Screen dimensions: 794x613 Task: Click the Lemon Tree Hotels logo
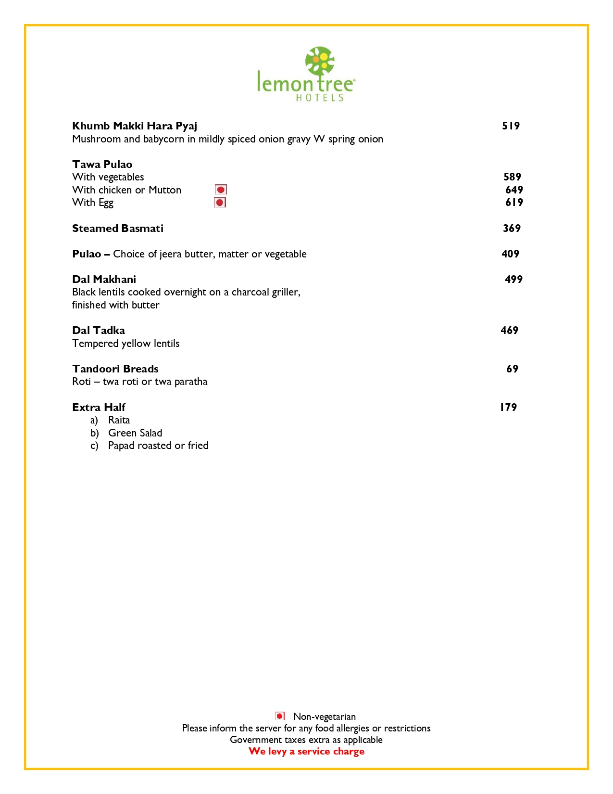pos(306,75)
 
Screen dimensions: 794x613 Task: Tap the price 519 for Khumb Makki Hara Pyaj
pos(511,126)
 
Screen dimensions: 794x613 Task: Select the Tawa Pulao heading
pos(102,165)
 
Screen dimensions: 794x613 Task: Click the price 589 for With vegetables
pos(512,177)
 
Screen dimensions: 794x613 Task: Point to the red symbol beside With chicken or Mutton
pos(221,190)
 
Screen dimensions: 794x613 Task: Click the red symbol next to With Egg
pos(220,203)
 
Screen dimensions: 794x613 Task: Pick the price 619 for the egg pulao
pos(514,203)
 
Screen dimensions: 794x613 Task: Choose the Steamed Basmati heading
pos(118,229)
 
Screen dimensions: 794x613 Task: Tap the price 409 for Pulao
pos(510,254)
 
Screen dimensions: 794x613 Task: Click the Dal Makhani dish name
pos(104,280)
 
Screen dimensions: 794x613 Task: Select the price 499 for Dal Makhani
pos(513,280)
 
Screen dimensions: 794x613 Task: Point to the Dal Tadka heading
pos(99,331)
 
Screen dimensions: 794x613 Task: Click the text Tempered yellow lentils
pos(125,344)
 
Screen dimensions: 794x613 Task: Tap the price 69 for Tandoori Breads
pos(512,369)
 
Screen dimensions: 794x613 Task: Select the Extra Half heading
pos(99,408)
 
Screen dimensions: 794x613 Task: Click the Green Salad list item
pos(135,433)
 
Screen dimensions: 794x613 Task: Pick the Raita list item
pos(119,420)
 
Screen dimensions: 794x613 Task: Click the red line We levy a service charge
pos(306,752)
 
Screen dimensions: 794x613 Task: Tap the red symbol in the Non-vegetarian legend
pos(280,716)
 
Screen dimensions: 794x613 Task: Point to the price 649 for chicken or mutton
pos(514,190)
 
